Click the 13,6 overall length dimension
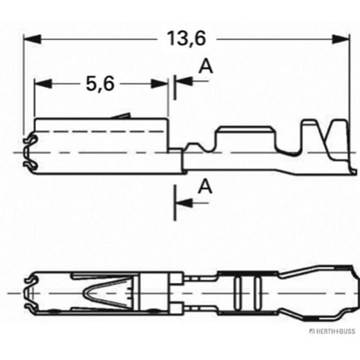(186, 39)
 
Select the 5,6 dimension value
(100, 84)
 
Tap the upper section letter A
(206, 66)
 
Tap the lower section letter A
(205, 186)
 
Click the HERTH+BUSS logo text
(332, 331)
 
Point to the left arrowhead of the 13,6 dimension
(32, 39)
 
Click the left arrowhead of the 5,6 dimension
(43, 84)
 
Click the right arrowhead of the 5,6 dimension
(159, 84)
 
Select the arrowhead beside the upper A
(184, 81)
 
